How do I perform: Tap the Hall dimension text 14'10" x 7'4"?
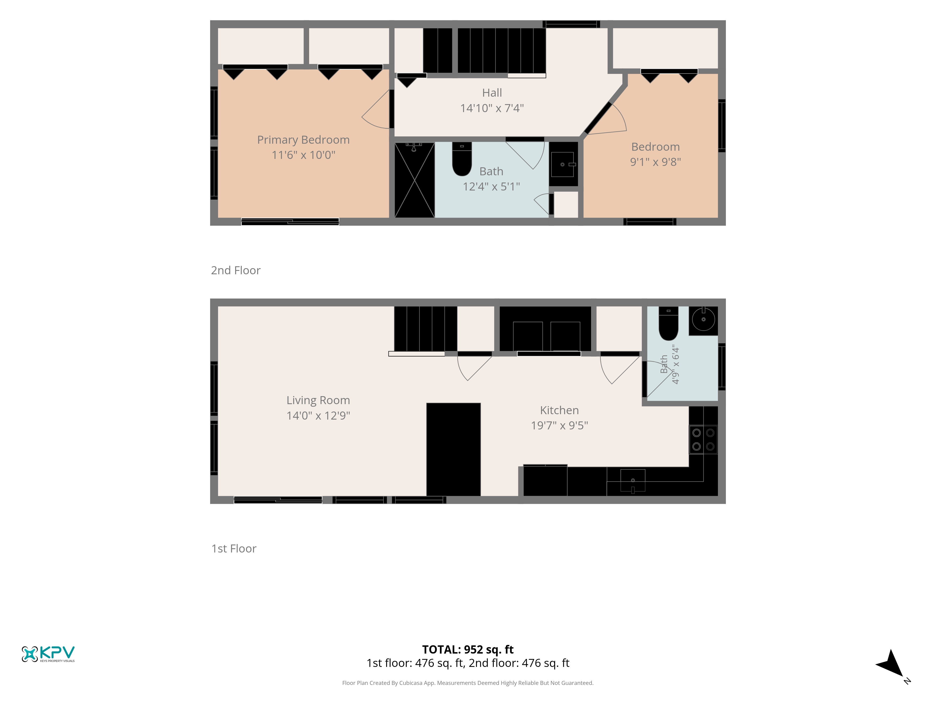[x=492, y=108]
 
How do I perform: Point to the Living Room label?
[x=318, y=400]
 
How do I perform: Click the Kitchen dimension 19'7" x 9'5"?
[x=559, y=425]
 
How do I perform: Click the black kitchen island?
[x=453, y=449]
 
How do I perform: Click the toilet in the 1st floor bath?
[x=669, y=324]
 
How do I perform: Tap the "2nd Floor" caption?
[x=236, y=271]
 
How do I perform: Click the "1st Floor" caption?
[x=234, y=549]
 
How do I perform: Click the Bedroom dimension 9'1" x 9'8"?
[x=655, y=162]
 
